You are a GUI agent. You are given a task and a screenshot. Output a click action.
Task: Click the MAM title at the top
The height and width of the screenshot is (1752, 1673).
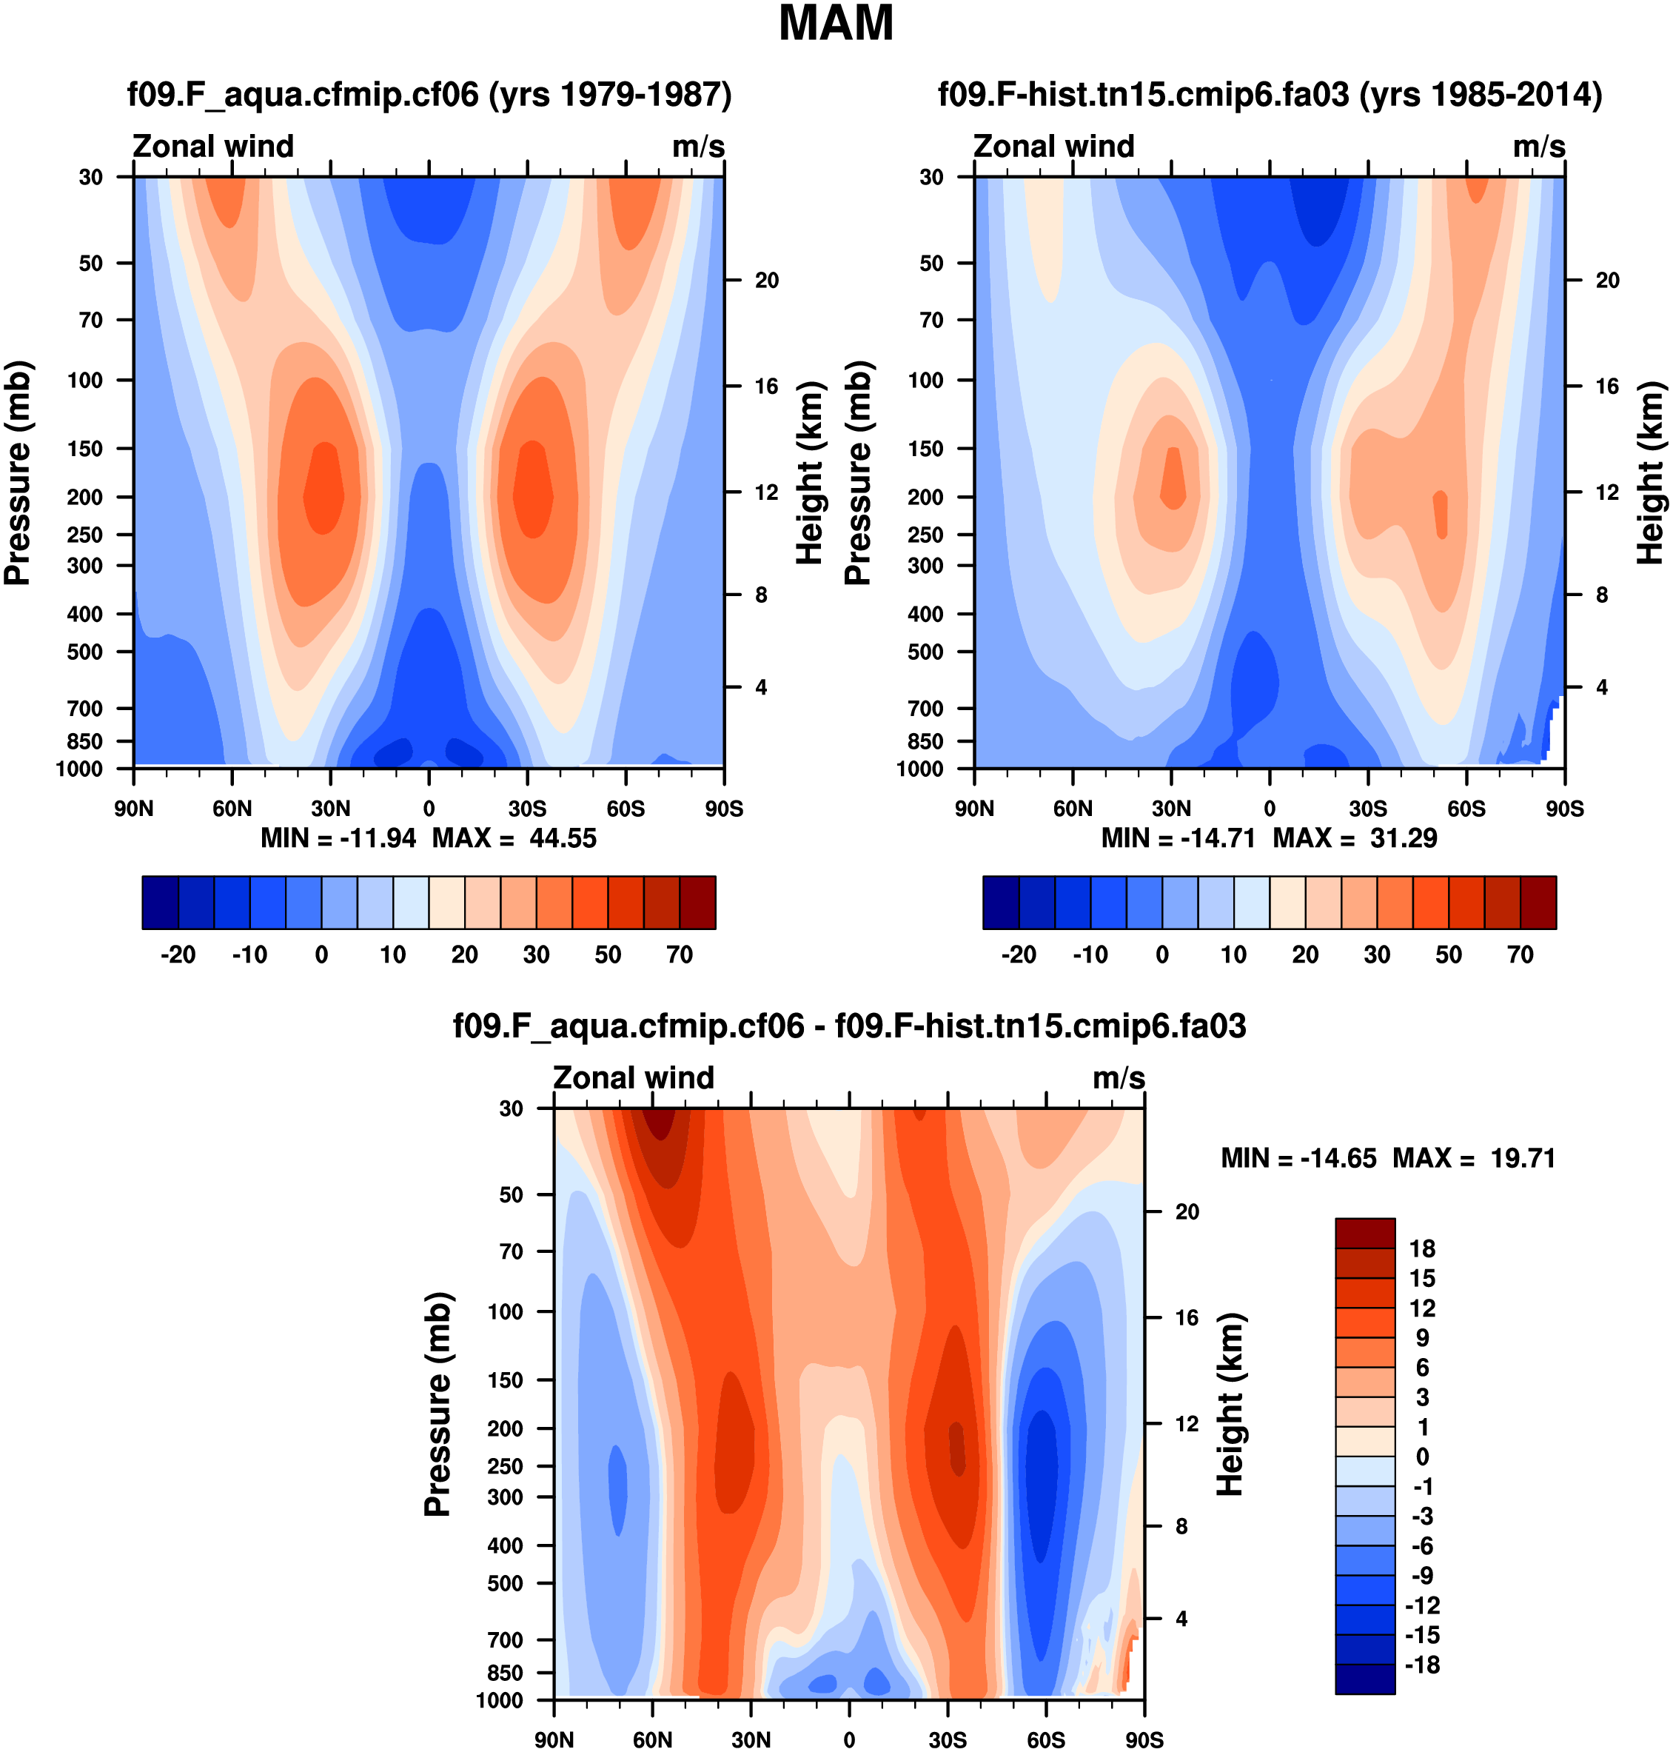coord(836,24)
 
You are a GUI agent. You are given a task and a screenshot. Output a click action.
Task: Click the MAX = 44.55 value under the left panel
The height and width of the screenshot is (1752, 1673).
coord(514,838)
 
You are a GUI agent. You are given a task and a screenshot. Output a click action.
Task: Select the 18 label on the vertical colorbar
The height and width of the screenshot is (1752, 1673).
coord(1421,1249)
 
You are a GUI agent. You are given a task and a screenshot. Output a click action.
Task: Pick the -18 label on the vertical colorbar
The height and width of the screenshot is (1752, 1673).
coord(1421,1665)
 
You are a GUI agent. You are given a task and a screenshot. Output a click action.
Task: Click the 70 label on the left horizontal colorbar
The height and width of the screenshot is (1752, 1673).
coord(680,954)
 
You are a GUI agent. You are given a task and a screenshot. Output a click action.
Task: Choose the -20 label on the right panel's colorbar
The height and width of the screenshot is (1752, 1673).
coord(1019,954)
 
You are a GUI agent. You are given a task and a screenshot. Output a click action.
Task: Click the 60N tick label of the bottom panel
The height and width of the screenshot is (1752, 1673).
coord(653,1739)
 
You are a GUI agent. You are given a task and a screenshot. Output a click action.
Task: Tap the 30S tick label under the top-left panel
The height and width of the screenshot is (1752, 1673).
coord(527,809)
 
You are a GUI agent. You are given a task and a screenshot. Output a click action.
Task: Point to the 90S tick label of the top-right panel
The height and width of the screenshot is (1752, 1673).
coord(1564,809)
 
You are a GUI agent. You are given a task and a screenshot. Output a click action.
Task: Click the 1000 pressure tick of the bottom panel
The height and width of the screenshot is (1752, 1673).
coord(500,1700)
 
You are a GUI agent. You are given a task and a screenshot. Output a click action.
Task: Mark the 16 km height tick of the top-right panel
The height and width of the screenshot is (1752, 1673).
coord(1607,387)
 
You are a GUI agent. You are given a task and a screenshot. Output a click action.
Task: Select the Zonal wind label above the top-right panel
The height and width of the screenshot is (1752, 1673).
coord(1053,147)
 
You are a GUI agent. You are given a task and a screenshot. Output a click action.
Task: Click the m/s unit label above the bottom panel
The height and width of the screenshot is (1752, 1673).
coord(1119,1077)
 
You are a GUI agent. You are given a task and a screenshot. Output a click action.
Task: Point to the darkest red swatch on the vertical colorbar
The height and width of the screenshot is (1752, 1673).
coord(1364,1233)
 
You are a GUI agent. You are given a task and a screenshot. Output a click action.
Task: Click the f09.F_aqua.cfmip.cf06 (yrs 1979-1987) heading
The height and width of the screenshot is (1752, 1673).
coord(429,93)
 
